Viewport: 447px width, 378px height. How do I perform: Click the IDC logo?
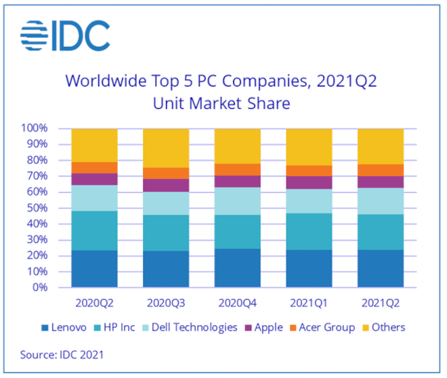click(65, 35)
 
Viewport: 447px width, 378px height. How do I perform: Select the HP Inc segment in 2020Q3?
click(165, 233)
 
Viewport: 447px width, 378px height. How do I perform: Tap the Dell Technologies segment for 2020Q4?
click(237, 201)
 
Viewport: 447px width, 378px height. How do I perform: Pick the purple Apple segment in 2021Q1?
click(308, 183)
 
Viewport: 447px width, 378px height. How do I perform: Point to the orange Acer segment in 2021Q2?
click(381, 170)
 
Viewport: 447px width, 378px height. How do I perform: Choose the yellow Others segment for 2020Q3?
click(165, 148)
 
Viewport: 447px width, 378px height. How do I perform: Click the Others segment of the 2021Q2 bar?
click(381, 146)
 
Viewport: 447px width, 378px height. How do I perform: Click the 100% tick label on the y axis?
click(35, 128)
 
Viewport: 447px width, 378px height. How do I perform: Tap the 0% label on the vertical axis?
click(40, 288)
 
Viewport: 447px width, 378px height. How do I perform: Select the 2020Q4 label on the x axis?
click(237, 303)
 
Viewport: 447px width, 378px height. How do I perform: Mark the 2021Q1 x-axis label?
click(308, 303)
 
